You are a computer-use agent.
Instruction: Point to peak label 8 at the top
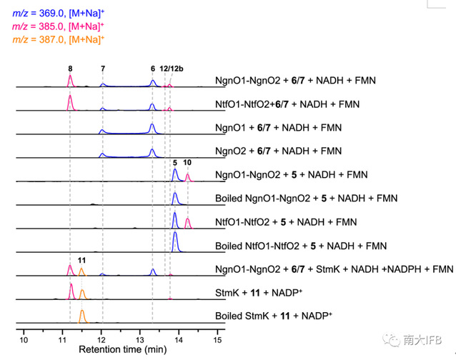tap(70, 68)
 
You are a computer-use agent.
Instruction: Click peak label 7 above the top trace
tap(103, 68)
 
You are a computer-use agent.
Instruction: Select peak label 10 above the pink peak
tap(187, 163)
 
